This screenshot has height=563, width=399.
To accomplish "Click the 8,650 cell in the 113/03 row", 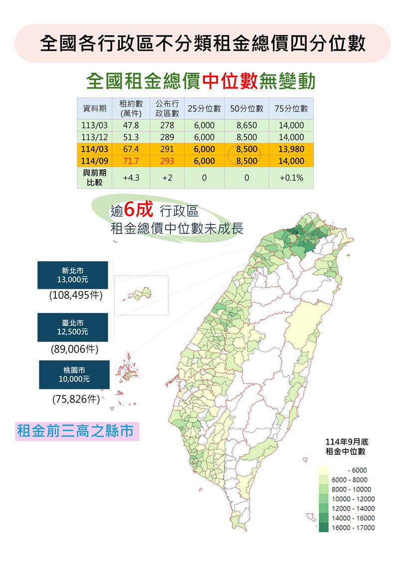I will (247, 125).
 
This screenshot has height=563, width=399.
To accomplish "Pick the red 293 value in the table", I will (167, 161).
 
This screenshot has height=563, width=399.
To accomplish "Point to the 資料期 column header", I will (94, 109).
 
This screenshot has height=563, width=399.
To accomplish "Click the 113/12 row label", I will (94, 137).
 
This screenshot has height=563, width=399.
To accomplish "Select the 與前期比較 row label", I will (94, 178).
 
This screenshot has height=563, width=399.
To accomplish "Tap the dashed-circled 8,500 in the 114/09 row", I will (247, 161).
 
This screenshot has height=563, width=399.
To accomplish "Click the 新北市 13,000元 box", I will (72, 275).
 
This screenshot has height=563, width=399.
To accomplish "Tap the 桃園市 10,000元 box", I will (74, 375).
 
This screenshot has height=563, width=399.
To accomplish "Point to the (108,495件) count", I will (76, 296).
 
